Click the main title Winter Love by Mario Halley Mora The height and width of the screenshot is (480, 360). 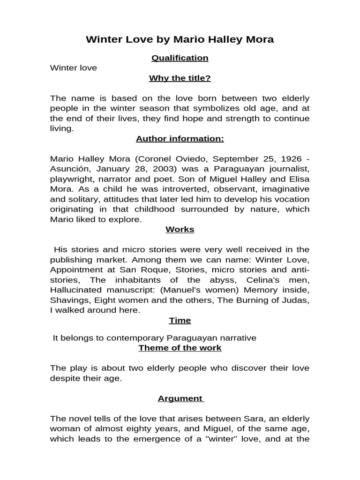pos(180,39)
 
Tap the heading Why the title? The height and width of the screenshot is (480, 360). pos(180,78)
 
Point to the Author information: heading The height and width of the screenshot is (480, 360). pos(180,139)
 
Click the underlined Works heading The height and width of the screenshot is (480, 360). pos(180,230)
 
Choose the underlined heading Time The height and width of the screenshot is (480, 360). pos(180,321)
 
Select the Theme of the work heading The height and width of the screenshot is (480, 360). pos(180,348)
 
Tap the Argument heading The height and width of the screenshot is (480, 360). pos(180,398)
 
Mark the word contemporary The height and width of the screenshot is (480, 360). pos(126,338)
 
